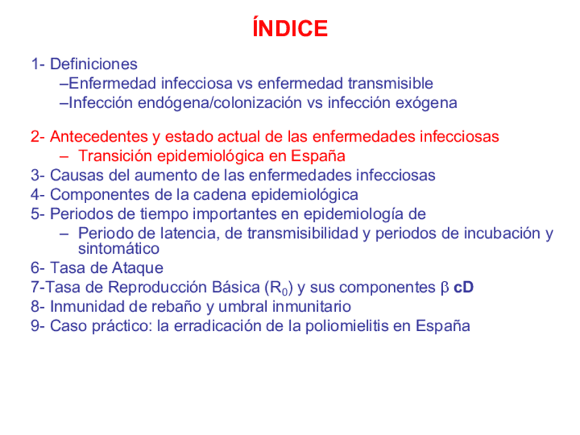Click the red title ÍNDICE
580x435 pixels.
click(290, 29)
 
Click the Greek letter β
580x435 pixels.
click(443, 287)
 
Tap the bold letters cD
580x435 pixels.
click(463, 287)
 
